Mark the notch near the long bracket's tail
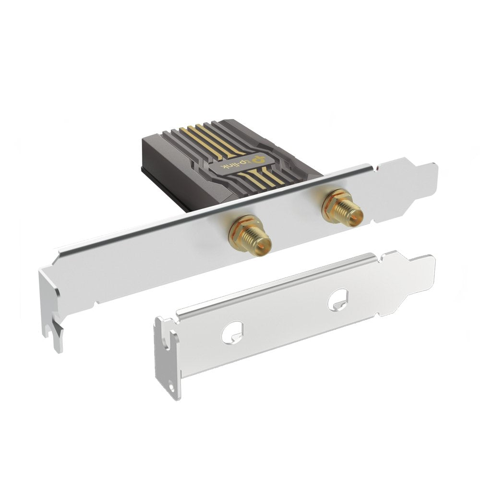(x=380, y=169)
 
